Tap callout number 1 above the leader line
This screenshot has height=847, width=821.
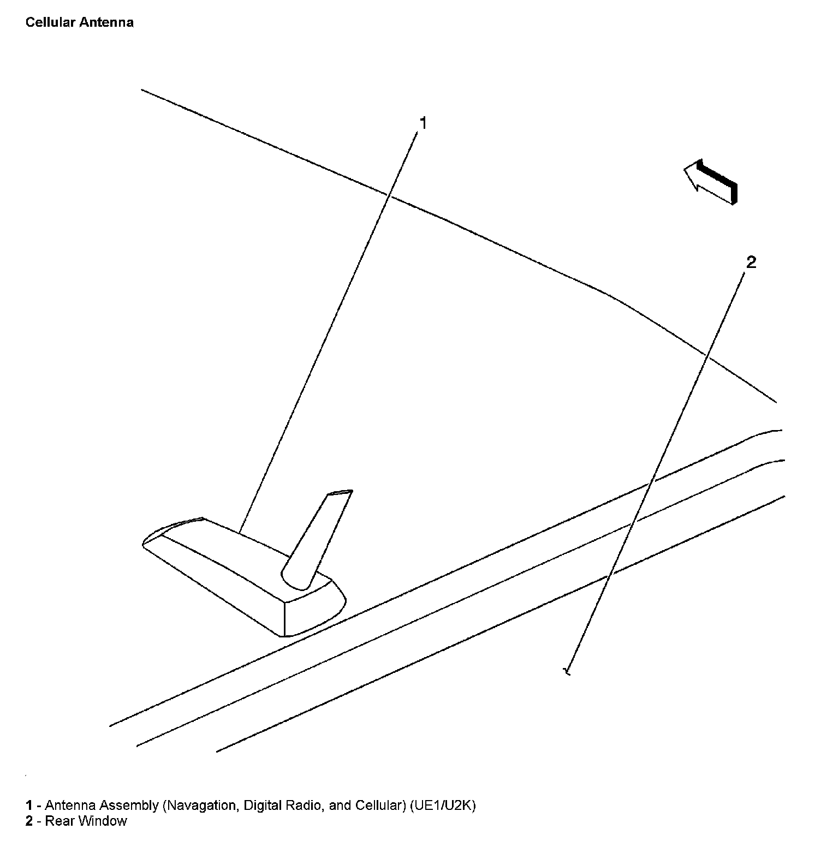422,123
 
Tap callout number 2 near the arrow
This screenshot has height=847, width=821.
751,263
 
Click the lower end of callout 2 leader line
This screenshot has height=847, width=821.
568,671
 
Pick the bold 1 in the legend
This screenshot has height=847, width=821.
29,806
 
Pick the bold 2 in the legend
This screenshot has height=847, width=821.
29,821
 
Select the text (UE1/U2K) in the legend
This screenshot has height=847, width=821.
443,806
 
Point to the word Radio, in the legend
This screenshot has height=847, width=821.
306,806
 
